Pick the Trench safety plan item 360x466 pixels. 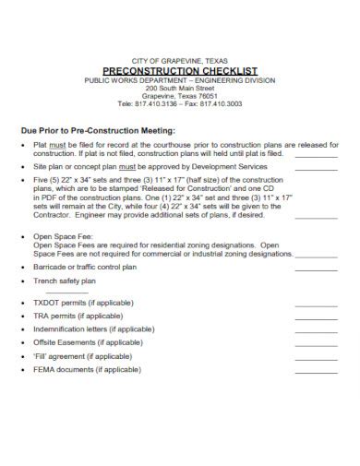click(x=64, y=280)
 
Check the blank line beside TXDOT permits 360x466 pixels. click(x=317, y=305)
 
